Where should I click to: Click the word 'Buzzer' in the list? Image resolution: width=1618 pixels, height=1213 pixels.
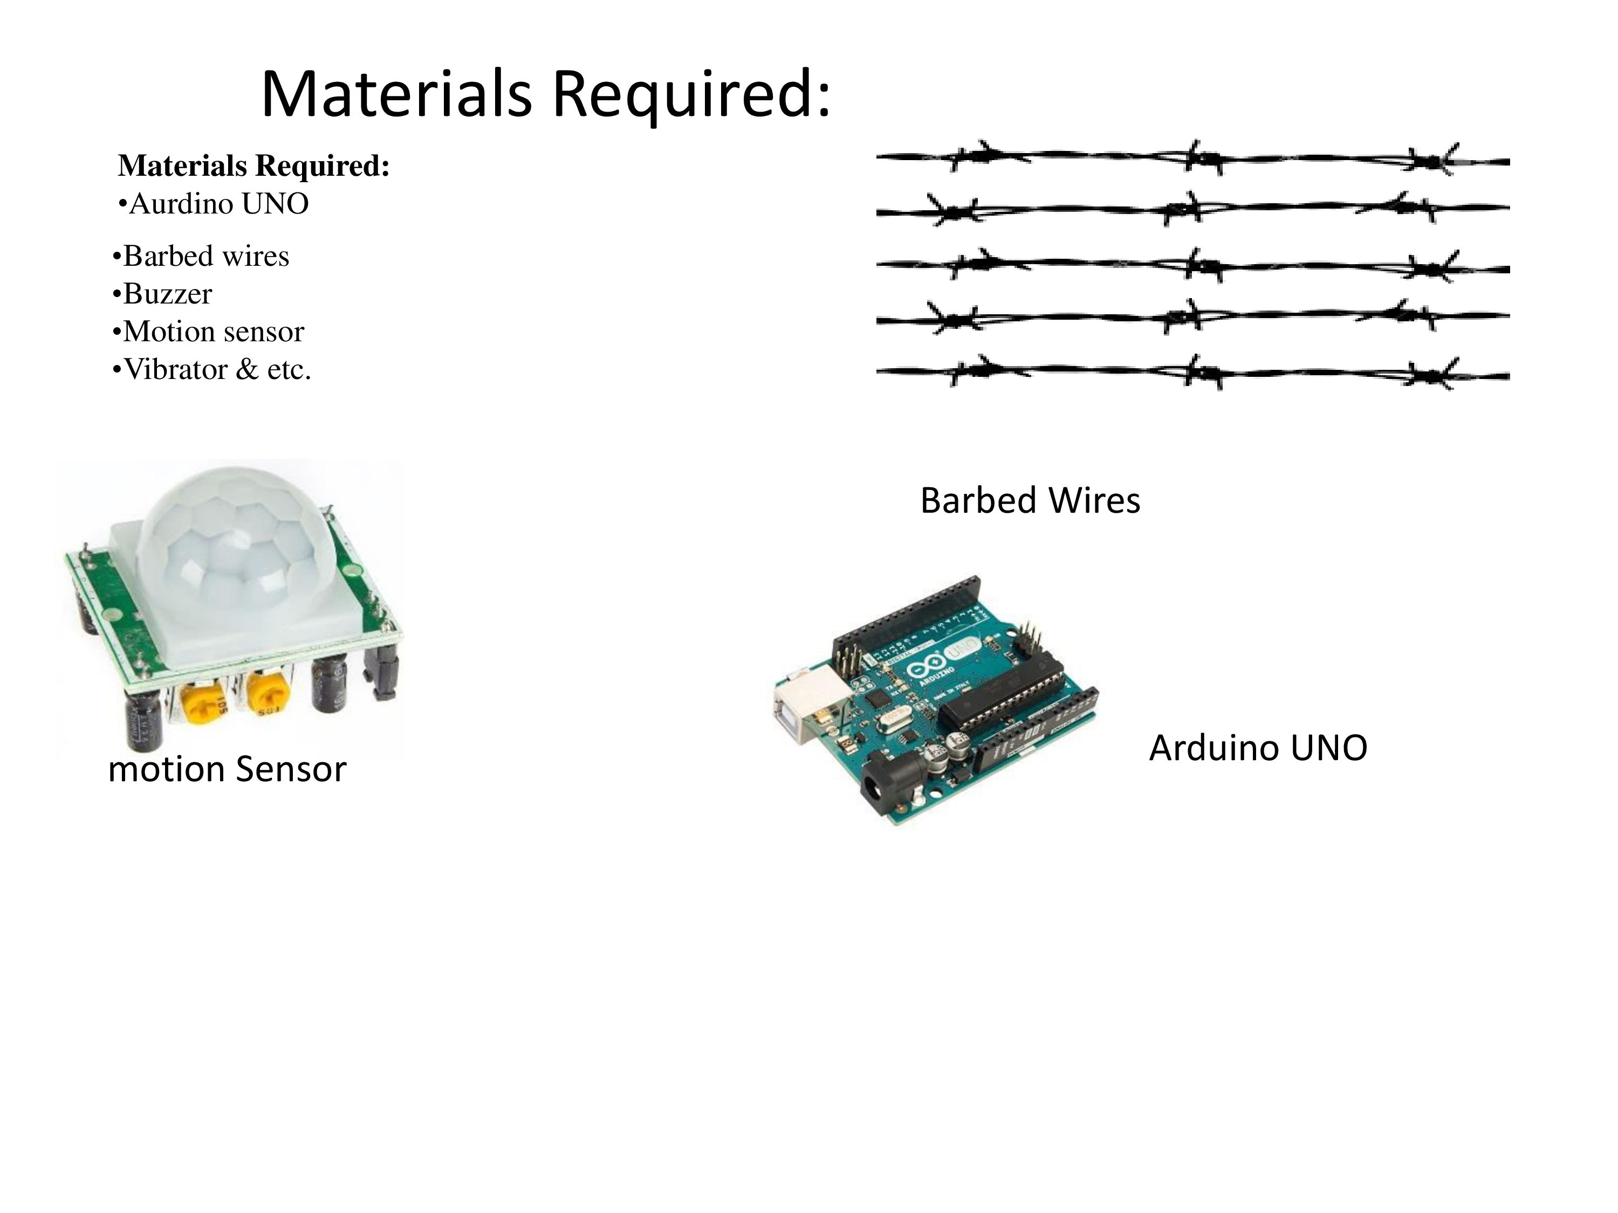(168, 294)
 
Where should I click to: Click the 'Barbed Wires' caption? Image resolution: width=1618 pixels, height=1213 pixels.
(1030, 501)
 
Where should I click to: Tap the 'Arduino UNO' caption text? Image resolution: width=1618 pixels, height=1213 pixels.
(1257, 748)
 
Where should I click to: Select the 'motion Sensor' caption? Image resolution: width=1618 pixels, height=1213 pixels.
(227, 769)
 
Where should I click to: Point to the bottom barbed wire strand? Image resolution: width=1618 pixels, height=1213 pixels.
(1192, 373)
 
